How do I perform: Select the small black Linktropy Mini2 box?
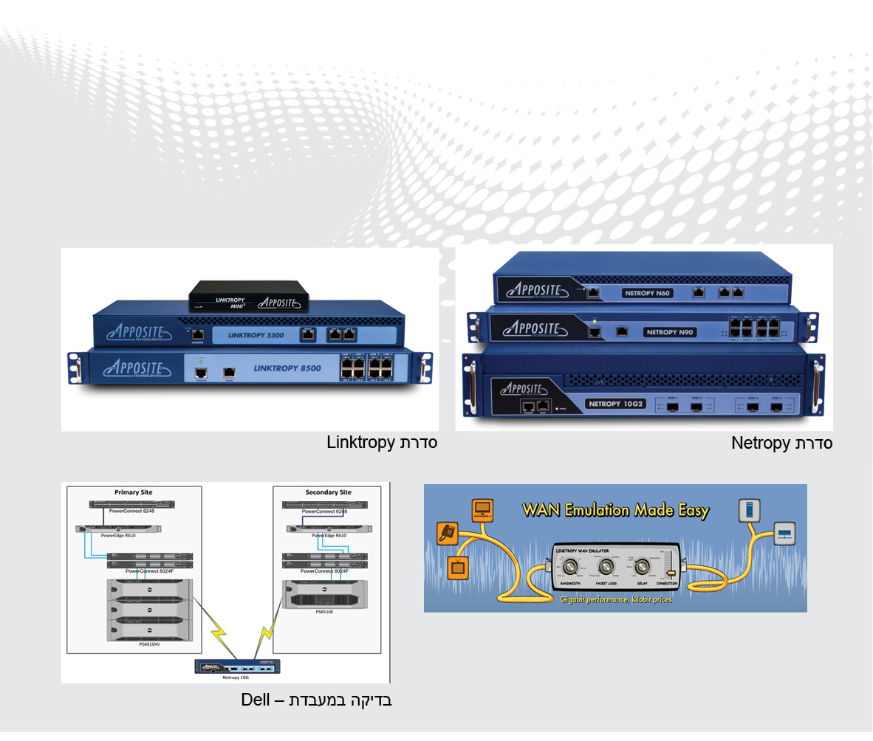[x=248, y=297]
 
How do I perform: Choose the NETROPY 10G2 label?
[x=617, y=404]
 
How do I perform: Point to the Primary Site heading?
[x=134, y=492]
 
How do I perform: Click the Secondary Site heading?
[x=328, y=492]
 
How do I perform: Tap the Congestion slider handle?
[x=671, y=574]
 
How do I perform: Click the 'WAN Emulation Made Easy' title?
[x=615, y=510]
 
